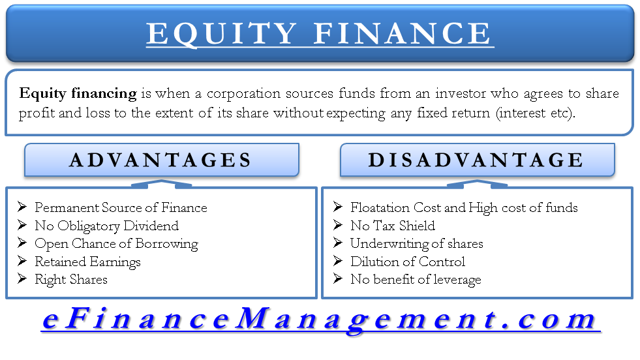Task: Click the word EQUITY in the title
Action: point(222,34)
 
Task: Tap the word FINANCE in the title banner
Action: point(403,33)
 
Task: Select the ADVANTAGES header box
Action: point(162,160)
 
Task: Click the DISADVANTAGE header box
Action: point(477,160)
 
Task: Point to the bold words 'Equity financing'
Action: point(78,94)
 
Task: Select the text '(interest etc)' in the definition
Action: point(535,113)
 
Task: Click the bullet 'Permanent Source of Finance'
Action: point(121,208)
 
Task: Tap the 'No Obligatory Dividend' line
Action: point(106,226)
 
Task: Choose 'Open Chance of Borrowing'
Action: point(116,245)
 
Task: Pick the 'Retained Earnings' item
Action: point(88,262)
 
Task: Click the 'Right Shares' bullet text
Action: point(71,280)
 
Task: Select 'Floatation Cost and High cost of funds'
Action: point(464,208)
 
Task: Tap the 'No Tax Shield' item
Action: point(393,226)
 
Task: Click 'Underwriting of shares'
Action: point(417,244)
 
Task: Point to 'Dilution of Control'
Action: point(408,262)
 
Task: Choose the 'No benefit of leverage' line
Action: point(416,280)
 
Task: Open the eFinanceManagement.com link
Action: point(320,320)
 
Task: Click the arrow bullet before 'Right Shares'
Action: point(22,278)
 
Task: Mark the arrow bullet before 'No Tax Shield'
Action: point(337,225)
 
